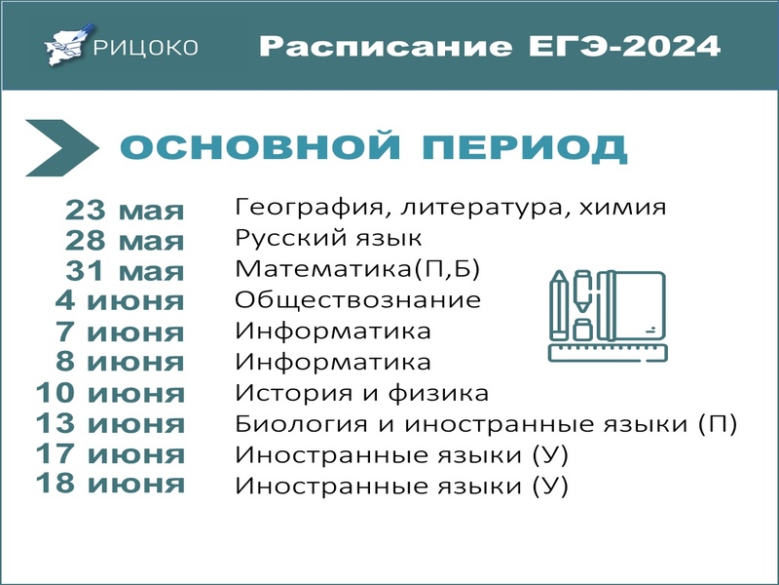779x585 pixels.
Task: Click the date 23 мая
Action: pos(125,211)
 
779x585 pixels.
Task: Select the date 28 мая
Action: pos(125,241)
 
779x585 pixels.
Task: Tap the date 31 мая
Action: pos(125,272)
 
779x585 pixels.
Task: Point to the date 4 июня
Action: pos(120,301)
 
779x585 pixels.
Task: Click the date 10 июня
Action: pos(110,393)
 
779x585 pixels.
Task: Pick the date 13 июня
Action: pos(110,424)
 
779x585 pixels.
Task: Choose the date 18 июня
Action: pos(110,484)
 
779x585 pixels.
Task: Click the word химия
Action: pos(622,207)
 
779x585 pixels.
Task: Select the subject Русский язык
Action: pos(328,238)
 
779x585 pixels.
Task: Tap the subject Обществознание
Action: pos(357,300)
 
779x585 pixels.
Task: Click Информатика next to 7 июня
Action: pos(333,331)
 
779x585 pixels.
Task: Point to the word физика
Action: pos(438,393)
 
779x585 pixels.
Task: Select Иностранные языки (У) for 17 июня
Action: pos(401,455)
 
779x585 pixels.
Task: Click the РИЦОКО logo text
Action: pos(145,48)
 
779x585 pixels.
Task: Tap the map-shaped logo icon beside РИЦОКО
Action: pos(68,45)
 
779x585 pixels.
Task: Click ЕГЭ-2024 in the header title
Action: pos(624,46)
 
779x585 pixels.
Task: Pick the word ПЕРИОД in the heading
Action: pos(525,147)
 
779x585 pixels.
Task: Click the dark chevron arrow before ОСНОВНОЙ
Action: pos(61,148)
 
